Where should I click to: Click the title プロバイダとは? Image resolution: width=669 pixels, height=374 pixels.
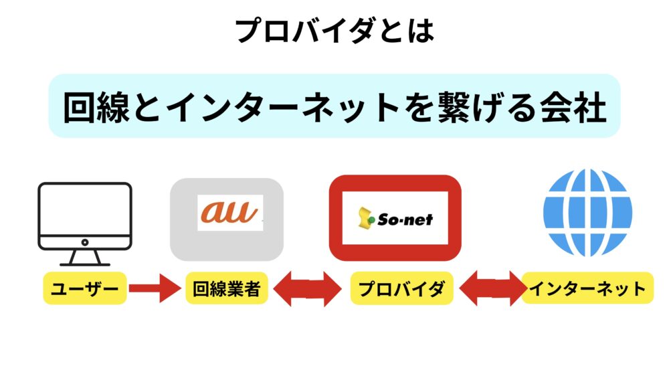click(x=335, y=31)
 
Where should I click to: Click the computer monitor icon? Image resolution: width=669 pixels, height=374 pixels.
click(x=85, y=224)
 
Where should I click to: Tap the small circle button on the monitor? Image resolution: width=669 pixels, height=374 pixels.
click(x=85, y=242)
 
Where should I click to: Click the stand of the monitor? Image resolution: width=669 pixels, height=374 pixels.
click(x=85, y=258)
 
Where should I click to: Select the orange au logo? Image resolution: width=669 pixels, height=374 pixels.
click(x=230, y=212)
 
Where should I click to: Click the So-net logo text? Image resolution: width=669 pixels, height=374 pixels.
click(x=405, y=219)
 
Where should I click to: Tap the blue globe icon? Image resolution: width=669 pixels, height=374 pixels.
click(x=587, y=212)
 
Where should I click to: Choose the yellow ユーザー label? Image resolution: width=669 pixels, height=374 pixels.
click(x=85, y=288)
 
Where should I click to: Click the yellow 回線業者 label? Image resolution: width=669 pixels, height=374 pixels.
click(x=227, y=288)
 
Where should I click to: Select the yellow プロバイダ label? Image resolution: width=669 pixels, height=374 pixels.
click(x=401, y=288)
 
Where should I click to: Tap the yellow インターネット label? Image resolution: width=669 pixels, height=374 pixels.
click(x=587, y=288)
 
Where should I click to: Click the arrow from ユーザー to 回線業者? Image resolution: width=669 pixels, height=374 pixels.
click(x=155, y=288)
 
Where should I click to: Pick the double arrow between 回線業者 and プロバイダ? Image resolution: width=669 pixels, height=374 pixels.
click(x=307, y=289)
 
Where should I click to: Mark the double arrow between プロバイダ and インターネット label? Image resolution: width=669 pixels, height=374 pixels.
click(x=493, y=289)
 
